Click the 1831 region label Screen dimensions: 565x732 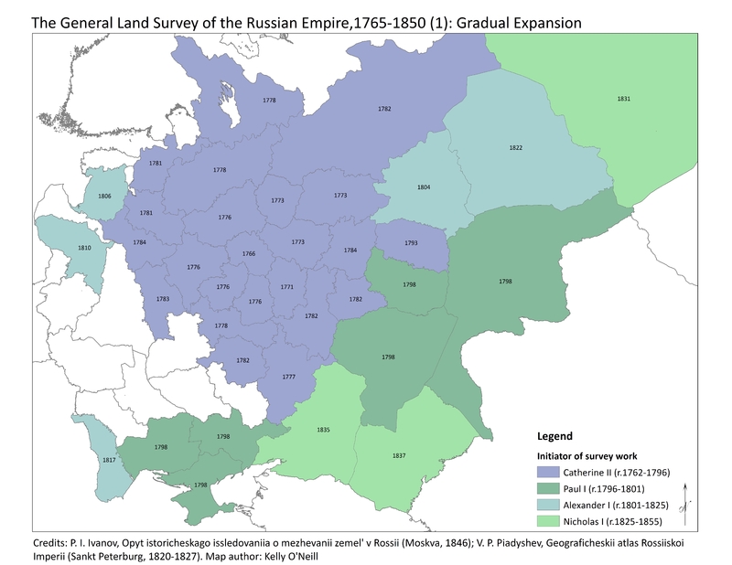point(623,98)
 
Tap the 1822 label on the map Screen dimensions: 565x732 point(516,148)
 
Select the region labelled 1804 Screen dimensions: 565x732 point(424,187)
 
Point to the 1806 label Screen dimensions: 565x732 point(104,197)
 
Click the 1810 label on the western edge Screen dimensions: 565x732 point(84,248)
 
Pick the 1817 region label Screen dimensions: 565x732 point(108,460)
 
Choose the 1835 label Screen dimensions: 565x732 point(323,430)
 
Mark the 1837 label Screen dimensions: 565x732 point(398,455)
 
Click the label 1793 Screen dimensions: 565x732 point(411,243)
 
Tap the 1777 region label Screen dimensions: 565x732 point(288,377)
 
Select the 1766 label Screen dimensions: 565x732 point(248,253)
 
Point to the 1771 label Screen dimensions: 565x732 point(287,286)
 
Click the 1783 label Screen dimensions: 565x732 point(162,299)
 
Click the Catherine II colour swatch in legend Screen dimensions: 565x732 point(552,473)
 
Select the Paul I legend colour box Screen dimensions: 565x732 point(552,489)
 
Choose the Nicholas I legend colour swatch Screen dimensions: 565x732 point(552,522)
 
